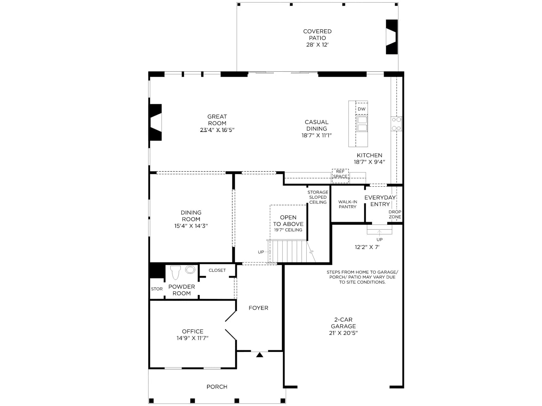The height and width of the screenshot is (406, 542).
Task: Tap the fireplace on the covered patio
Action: coord(392,37)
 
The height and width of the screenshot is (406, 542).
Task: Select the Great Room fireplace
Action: coord(155,122)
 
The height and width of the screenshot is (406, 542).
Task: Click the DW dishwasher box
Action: coord(361,109)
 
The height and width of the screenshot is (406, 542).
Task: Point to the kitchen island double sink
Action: coord(362,124)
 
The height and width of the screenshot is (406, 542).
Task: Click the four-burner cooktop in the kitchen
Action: coord(396,124)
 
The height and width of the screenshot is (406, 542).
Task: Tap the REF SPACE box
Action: coord(340,176)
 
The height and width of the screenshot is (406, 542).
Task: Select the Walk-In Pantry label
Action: coord(348,204)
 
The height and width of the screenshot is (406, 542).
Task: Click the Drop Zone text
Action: coord(395,214)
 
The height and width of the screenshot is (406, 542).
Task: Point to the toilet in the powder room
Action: coord(175,272)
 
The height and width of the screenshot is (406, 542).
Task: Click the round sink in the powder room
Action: coord(190,269)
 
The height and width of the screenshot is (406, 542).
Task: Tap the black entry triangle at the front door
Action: coord(259,355)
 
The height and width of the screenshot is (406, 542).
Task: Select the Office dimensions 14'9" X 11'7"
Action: coord(192,338)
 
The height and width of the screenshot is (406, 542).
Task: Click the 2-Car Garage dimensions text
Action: coord(343,333)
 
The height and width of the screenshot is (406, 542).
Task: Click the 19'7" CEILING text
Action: coord(288,230)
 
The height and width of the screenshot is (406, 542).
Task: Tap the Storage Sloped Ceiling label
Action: coord(318,197)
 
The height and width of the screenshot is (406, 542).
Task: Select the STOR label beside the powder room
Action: coord(157,289)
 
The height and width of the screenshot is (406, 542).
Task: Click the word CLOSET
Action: coord(217,270)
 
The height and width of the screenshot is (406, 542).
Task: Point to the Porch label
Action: coord(217,386)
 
